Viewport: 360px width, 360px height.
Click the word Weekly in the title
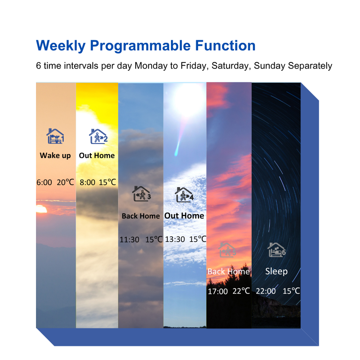pos(61,46)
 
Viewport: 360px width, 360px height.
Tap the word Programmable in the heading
pos(140,46)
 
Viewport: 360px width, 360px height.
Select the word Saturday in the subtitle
pos(231,66)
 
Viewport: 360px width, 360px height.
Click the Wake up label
pos(55,156)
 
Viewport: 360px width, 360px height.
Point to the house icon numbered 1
pos(55,136)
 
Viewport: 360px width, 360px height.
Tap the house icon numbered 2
pos(98,136)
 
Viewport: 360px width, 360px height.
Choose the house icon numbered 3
pos(141,194)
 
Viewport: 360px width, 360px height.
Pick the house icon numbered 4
pos(184,195)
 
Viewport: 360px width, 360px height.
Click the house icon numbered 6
pos(276,250)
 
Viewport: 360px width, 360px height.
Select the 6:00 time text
pos(44,183)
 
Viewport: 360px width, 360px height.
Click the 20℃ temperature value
pos(65,182)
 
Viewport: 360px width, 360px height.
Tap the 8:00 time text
pos(87,183)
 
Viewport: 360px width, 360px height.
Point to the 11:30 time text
pos(129,240)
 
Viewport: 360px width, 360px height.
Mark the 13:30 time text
pos(175,239)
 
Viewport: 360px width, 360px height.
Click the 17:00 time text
pos(217,291)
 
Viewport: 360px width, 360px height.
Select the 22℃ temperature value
pos(241,291)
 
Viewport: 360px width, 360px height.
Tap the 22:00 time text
pos(265,291)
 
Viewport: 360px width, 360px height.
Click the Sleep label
pos(276,271)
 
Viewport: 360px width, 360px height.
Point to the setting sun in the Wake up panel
pos(41,209)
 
